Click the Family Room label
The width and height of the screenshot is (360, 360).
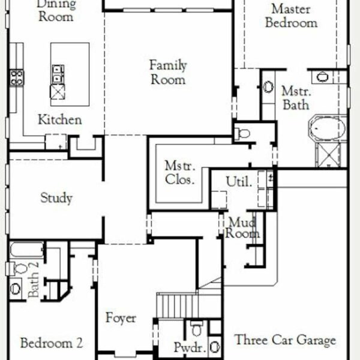click(168, 73)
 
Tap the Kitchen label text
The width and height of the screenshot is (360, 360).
click(59, 119)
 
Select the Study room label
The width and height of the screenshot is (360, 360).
click(56, 198)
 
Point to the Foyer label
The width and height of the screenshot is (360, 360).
click(121, 318)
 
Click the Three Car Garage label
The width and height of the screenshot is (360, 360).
click(285, 340)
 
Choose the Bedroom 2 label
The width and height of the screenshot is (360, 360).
click(52, 343)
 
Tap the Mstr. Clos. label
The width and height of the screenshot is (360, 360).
click(180, 173)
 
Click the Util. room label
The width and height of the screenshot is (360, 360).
click(239, 181)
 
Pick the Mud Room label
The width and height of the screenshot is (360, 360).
click(242, 228)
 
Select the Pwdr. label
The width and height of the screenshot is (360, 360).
click(190, 347)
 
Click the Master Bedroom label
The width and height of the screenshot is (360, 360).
click(292, 16)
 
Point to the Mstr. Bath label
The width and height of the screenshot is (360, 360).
click(296, 98)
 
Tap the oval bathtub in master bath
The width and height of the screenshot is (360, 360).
click(328, 128)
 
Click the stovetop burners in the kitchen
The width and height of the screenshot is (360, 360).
click(17, 77)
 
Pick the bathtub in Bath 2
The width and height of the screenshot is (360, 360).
click(26, 250)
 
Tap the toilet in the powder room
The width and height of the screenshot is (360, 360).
click(197, 328)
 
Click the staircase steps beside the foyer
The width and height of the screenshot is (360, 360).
click(177, 306)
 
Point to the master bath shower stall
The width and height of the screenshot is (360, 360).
click(329, 155)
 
